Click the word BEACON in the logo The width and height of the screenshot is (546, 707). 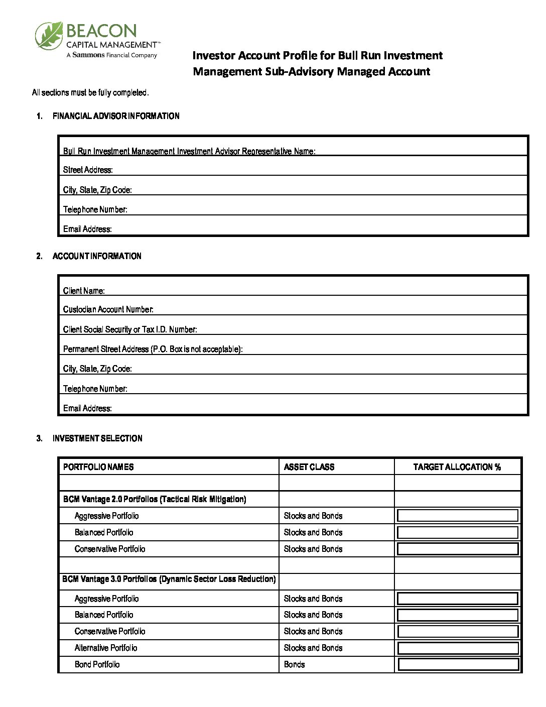click(x=101, y=31)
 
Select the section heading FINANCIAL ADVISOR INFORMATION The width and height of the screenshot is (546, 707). click(x=116, y=116)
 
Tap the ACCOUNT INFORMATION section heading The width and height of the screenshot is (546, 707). click(x=97, y=256)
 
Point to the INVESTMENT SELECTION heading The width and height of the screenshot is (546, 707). click(x=97, y=438)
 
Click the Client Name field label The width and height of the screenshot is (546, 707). click(x=84, y=291)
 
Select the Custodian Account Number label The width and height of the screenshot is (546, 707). click(x=108, y=309)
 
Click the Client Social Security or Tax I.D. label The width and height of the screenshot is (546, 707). click(x=130, y=329)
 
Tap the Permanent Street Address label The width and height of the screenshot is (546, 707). click(x=153, y=349)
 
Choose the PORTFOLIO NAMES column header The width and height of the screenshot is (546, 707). click(x=98, y=467)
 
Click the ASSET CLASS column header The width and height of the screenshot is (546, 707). click(x=309, y=467)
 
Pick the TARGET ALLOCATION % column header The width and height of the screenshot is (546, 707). click(x=457, y=467)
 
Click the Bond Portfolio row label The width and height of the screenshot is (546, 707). click(x=97, y=664)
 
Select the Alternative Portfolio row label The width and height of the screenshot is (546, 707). click(x=106, y=648)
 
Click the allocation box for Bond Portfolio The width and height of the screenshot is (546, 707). click(x=458, y=664)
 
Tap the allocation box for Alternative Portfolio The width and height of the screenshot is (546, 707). click(x=458, y=648)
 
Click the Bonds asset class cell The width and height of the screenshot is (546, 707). click(x=294, y=664)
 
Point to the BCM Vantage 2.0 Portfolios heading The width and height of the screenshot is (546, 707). click(x=155, y=499)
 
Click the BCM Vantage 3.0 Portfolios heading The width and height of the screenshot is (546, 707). click(x=169, y=579)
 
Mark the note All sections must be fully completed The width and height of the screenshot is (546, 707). click(x=90, y=93)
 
